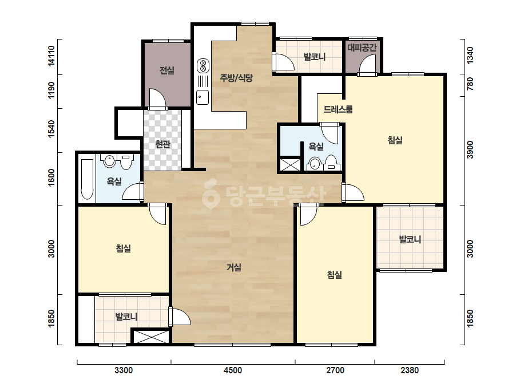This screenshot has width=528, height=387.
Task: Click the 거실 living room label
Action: [234, 267]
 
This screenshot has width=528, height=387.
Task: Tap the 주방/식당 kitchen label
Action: [236, 78]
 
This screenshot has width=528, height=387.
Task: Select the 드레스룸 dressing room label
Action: [338, 109]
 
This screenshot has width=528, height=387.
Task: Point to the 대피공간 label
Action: [362, 47]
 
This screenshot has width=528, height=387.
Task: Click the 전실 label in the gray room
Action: [166, 70]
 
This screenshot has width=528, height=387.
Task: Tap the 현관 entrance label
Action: [162, 144]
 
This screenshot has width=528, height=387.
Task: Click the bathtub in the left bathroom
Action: [87, 179]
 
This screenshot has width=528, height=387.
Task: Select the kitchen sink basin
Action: [203, 97]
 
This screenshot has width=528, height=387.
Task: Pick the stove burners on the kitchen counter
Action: [203, 66]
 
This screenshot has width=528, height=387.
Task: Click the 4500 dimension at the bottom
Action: [233, 370]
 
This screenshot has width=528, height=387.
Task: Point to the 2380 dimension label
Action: [410, 370]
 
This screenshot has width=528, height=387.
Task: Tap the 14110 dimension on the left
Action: [51, 56]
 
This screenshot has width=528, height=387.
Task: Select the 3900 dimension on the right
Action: [470, 149]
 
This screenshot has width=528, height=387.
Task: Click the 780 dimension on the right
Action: [470, 84]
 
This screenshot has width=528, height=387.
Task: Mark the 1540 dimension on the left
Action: [51, 129]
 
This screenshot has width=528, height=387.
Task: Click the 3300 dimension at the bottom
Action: [124, 370]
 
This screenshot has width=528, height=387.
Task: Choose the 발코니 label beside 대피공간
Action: [315, 57]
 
